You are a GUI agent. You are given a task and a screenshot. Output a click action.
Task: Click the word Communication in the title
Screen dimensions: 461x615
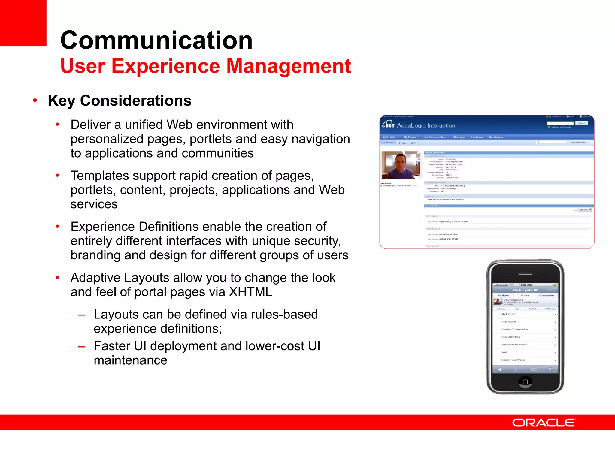[x=156, y=41]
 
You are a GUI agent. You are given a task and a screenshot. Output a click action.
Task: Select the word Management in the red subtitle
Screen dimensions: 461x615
[x=288, y=66]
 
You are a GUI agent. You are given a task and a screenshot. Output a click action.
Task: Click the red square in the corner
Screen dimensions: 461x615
[x=23, y=23]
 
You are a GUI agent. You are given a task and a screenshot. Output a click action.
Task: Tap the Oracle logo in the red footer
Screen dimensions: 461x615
[x=544, y=423]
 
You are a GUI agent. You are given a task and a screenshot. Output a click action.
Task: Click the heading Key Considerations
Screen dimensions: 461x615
[x=120, y=101]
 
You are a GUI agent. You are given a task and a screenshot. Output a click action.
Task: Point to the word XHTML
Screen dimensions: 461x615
[x=250, y=292]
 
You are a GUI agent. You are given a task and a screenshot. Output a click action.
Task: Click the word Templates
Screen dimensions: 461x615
[x=99, y=176]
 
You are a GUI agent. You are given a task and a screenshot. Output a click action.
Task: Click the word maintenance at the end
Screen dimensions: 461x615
[x=130, y=360]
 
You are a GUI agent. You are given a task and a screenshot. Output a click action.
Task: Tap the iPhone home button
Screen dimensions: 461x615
[x=525, y=382]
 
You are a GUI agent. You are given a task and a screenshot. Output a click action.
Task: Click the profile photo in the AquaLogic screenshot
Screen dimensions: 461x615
[x=401, y=165]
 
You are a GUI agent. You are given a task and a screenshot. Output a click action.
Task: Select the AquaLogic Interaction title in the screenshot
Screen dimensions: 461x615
[x=426, y=125]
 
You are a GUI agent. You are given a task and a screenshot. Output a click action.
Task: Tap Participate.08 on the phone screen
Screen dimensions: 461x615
[x=525, y=290]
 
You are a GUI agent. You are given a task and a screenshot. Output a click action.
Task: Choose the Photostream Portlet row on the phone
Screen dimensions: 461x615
[x=514, y=345]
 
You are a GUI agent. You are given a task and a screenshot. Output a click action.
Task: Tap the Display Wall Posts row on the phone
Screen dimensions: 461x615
[x=513, y=360]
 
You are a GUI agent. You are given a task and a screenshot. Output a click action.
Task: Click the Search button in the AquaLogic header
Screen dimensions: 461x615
[x=581, y=123]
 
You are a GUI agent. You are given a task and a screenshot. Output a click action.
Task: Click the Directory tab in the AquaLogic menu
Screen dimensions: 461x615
[x=459, y=137]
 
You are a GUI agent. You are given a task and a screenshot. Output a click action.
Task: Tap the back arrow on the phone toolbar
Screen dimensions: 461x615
[x=499, y=369]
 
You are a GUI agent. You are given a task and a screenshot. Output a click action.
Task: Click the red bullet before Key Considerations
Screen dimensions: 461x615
[x=35, y=101]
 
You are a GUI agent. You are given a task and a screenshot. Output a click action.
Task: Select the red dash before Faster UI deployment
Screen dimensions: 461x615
[x=82, y=347]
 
